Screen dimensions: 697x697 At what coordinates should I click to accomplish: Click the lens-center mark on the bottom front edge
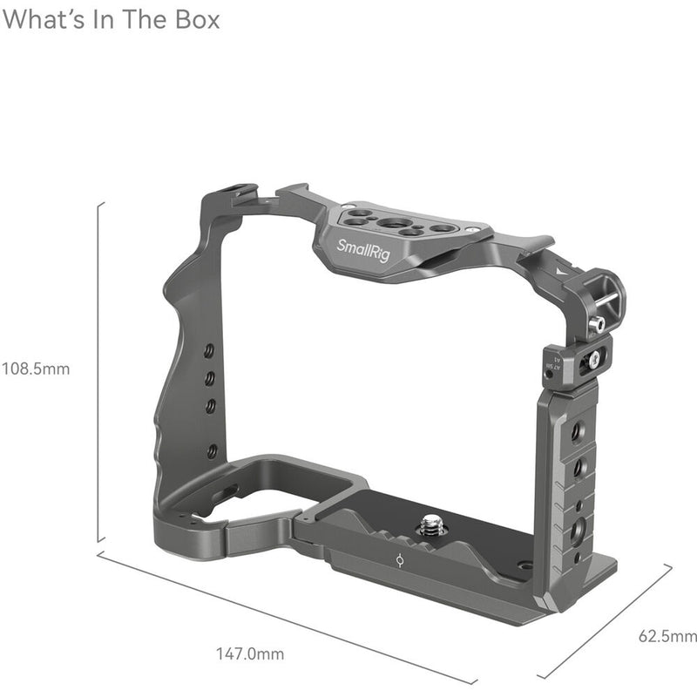pyautogui.click(x=397, y=561)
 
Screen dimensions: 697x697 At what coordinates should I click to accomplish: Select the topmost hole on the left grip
pyautogui.click(x=209, y=350)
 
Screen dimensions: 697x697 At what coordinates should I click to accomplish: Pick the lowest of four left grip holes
pyautogui.click(x=212, y=450)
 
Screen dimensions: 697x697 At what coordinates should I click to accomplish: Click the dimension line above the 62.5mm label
pyautogui.click(x=606, y=620)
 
